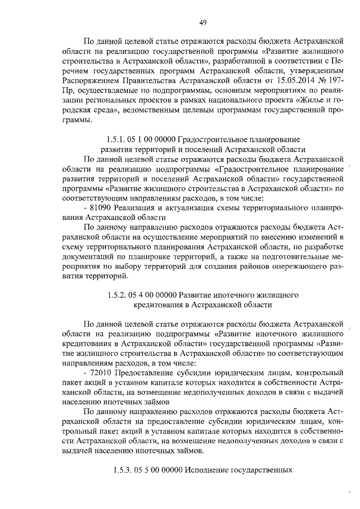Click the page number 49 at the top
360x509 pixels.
click(x=203, y=22)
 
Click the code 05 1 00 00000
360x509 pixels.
click(x=151, y=139)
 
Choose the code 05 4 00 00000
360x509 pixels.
click(x=153, y=295)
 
